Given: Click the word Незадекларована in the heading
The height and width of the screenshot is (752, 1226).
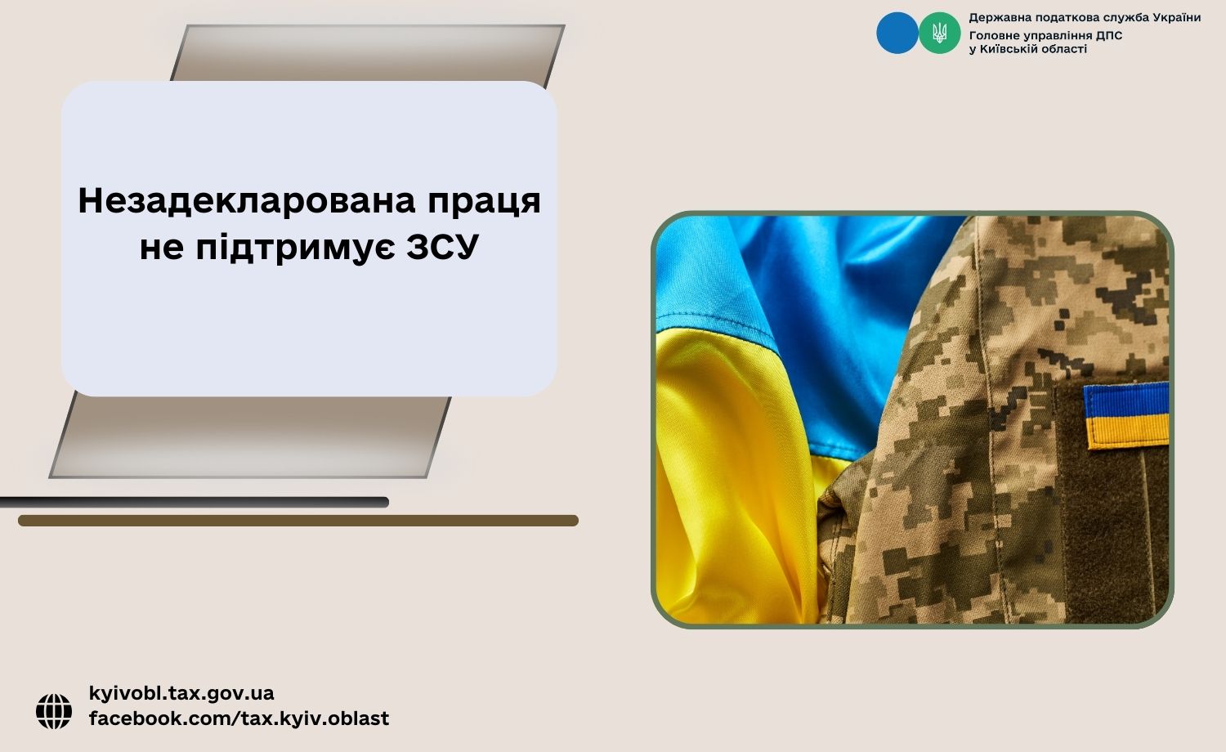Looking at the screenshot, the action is click(247, 201).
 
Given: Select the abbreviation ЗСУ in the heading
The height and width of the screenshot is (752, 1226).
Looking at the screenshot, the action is click(443, 248).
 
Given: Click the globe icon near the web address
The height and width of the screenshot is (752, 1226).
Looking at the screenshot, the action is click(54, 711).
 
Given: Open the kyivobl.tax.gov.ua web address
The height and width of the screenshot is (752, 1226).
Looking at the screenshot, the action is click(181, 693).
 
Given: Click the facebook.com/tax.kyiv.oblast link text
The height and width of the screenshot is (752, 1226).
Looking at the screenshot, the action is click(239, 718).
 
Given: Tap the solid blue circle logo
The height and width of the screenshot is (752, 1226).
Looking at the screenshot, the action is click(897, 33).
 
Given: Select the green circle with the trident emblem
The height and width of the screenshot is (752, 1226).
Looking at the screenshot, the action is click(939, 33).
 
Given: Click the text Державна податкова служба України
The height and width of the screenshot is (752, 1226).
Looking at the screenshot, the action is click(1085, 17).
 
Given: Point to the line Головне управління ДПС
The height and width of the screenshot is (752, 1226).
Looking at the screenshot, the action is click(1045, 36).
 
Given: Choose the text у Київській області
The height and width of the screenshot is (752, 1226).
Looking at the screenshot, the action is click(1028, 49).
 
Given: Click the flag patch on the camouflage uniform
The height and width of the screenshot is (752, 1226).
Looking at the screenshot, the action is click(1126, 415).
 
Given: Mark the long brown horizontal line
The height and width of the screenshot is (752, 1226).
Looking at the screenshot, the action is click(298, 521).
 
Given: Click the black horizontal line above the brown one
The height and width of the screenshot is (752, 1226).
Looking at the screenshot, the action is click(195, 503).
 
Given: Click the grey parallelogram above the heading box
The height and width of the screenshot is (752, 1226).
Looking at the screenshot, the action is click(368, 53).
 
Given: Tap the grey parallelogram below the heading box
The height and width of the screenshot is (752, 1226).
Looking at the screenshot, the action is click(250, 437).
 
